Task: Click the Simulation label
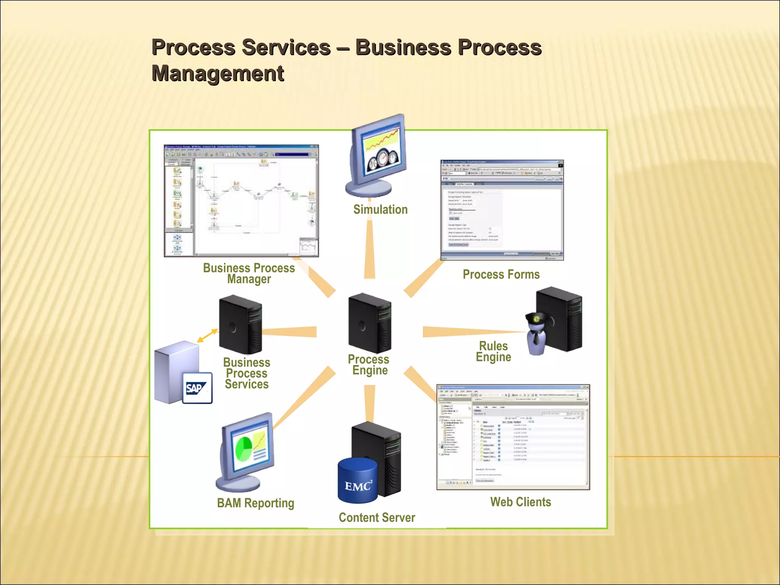[380, 209]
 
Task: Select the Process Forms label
[501, 274]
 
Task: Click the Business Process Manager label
[249, 273]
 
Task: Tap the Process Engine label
[369, 364]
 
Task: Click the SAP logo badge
[197, 388]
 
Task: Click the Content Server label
[377, 517]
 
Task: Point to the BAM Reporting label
[256, 503]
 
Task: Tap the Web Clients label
[520, 502]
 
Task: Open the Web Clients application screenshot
[513, 437]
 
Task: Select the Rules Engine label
[493, 351]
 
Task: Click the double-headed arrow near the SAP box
[207, 336]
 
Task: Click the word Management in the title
[218, 73]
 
